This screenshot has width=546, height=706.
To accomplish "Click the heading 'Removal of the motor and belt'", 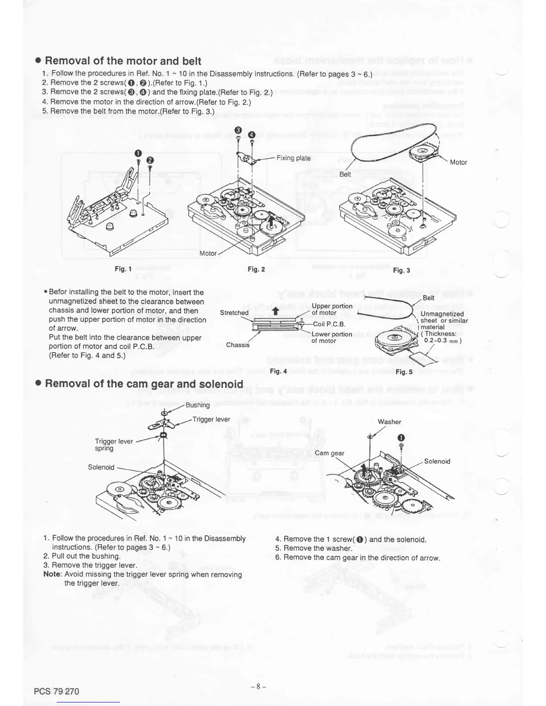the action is coord(123,61).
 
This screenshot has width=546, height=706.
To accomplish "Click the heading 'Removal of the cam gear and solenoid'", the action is coord(144,384).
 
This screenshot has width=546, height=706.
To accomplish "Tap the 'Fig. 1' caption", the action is coord(123,269).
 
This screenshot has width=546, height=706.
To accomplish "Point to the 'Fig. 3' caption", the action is coord(401,270).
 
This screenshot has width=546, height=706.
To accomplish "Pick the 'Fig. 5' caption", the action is coord(404,372).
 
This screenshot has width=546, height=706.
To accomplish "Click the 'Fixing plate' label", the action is coord(293,158).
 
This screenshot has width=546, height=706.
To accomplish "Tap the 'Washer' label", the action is coord(389,422).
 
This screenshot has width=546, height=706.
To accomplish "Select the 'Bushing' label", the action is coord(198,405).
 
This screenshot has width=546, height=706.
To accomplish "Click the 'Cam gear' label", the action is coord(330,453).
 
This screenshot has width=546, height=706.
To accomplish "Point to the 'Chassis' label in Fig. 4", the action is coord(238,345).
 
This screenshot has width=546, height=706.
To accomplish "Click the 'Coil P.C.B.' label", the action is coord(329,324).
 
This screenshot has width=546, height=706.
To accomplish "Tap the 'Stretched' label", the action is coord(234,312).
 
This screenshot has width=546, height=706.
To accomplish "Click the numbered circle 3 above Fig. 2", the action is coord(238,130).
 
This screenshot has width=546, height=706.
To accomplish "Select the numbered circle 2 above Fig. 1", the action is coord(150,160).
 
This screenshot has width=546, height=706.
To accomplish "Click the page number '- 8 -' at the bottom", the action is coord(258,686).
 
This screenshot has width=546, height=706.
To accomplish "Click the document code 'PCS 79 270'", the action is coord(56,691).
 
